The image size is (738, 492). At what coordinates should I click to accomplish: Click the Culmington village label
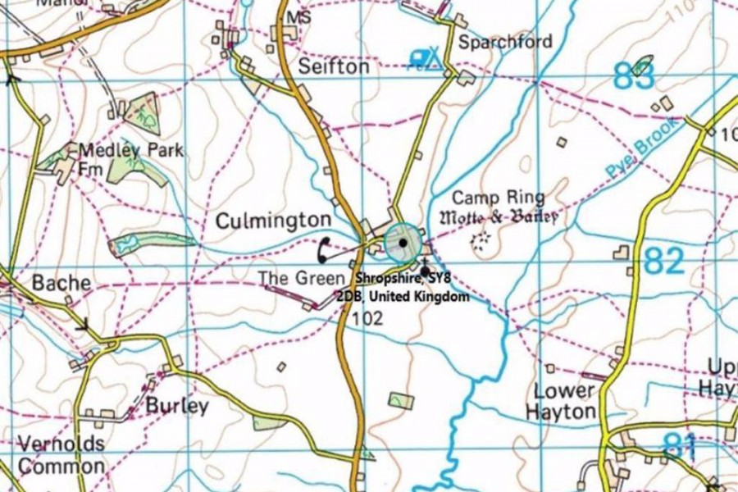(273, 221)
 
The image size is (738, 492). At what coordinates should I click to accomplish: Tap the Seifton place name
(334, 66)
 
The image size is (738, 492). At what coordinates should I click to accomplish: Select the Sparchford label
(504, 41)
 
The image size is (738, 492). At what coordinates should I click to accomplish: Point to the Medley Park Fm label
(130, 159)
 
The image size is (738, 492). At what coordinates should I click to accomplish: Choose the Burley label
(177, 406)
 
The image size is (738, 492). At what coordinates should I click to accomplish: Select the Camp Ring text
(499, 197)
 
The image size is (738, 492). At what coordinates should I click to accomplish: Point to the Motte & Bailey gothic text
(500, 217)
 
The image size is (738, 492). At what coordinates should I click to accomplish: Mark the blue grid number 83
(635, 78)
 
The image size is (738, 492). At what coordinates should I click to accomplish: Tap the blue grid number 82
(663, 262)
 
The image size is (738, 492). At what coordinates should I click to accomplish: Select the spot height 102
(366, 319)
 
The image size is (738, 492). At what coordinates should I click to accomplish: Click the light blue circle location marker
(403, 242)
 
